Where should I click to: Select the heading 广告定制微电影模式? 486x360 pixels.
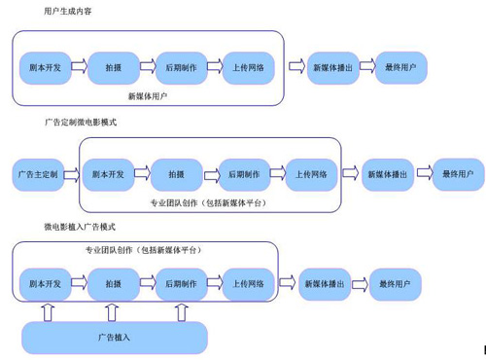tap(80, 124)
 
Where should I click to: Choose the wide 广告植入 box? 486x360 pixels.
tap(115, 337)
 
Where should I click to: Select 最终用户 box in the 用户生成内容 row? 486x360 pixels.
tap(400, 67)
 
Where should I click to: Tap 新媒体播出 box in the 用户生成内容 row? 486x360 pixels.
tap(330, 67)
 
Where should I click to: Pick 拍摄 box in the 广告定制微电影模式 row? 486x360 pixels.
tap(177, 174)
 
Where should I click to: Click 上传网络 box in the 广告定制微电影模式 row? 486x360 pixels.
tap(312, 174)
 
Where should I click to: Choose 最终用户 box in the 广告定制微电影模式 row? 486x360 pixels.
tap(458, 174)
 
